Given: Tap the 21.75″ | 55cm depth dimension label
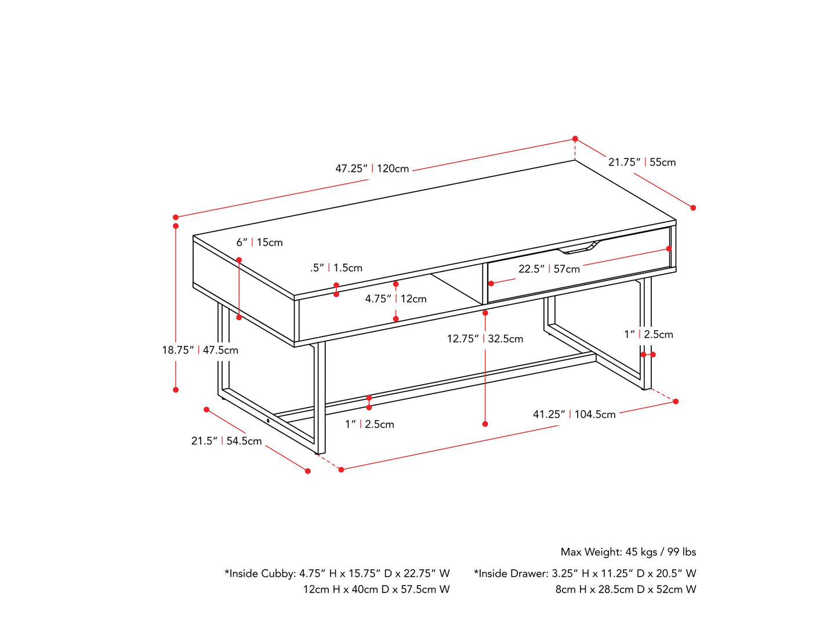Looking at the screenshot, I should tap(641, 162).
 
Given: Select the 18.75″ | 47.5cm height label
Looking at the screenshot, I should tap(199, 350).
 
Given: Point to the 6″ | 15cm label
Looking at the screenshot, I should tap(259, 243).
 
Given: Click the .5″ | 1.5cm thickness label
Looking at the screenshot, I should tap(336, 268).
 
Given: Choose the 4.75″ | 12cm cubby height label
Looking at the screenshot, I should tap(396, 299).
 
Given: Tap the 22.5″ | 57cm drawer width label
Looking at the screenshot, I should tap(549, 269).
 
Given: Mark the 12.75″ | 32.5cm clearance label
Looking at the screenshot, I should tap(485, 339).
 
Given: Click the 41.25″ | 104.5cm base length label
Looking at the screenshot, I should tap(574, 414).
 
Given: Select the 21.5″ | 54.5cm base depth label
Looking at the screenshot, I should tap(226, 441).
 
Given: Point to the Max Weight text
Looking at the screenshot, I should tap(628, 552).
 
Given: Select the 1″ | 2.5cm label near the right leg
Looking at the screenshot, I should tap(648, 334).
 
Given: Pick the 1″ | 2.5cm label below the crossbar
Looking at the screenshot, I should tap(369, 424).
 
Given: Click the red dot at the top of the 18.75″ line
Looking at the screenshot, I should tap(176, 226).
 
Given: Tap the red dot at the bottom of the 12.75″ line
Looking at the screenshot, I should tap(485, 424).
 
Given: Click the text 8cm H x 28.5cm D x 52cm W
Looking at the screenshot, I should tap(626, 590).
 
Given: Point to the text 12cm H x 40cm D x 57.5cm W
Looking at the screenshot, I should tap(376, 590).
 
